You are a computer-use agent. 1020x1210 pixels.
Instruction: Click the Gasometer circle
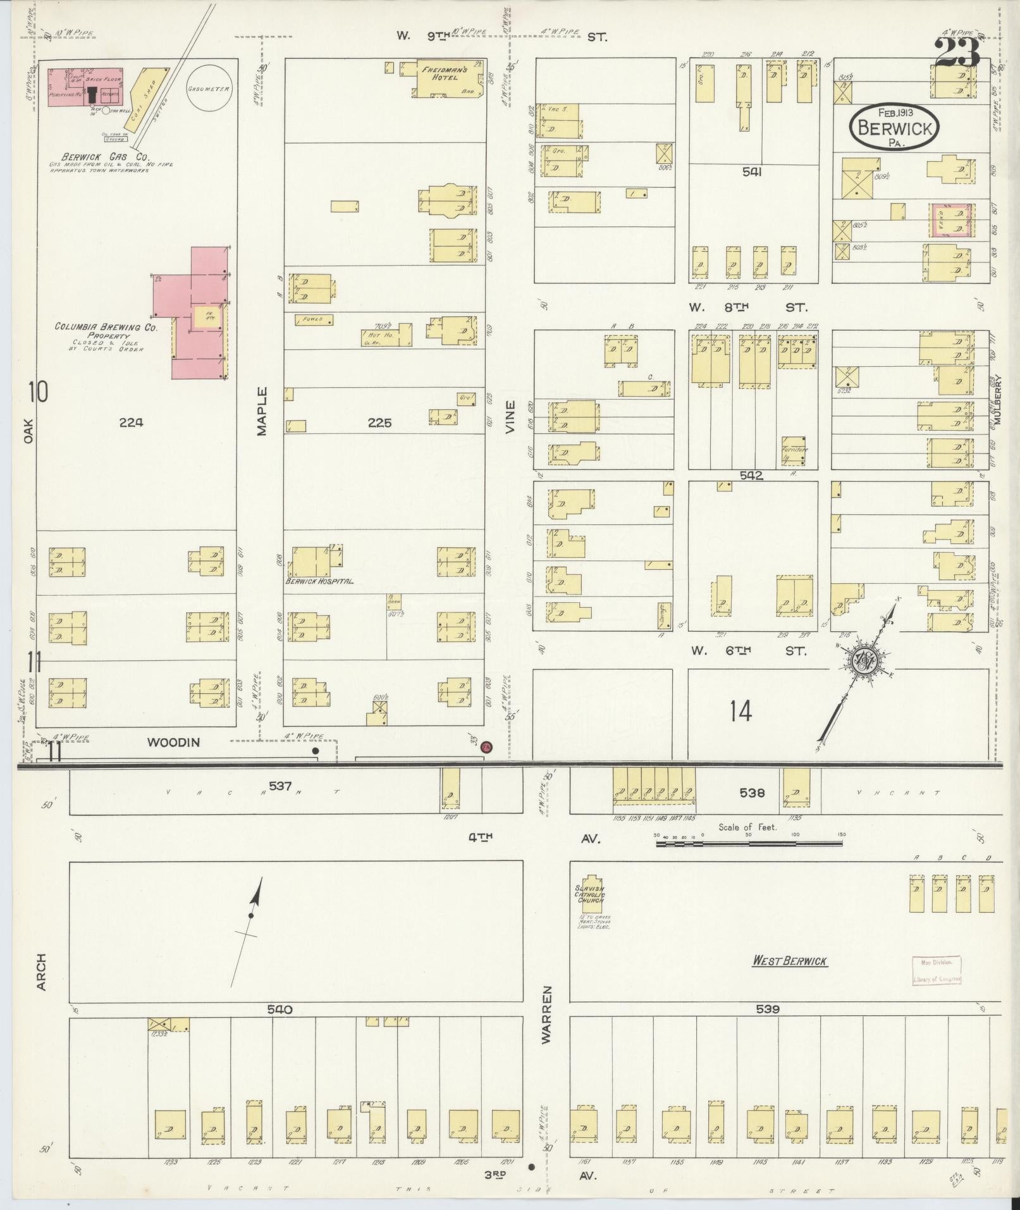pos(208,89)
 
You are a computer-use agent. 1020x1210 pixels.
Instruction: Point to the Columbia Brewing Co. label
pos(106,327)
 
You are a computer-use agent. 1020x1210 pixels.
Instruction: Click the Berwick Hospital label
pos(319,581)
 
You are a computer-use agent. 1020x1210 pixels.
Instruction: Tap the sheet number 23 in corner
pos(957,52)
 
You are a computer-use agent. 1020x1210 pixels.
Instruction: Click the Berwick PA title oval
pos(894,128)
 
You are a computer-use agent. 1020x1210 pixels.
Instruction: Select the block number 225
pos(379,423)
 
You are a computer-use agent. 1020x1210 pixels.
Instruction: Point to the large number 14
pos(740,712)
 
